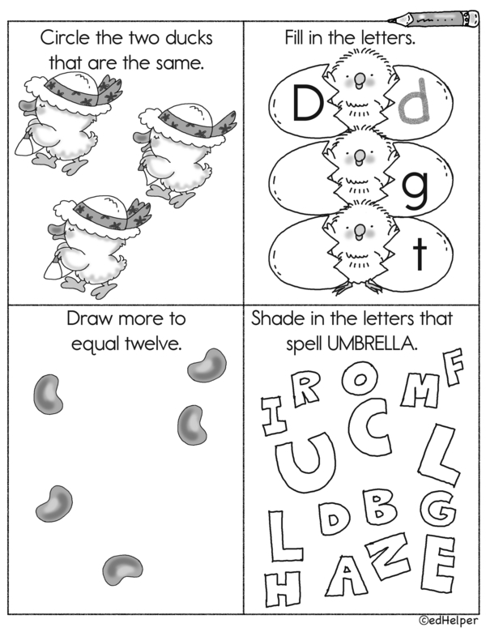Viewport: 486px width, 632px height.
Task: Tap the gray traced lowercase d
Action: [413, 101]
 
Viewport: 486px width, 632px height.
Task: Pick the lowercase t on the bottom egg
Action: [420, 254]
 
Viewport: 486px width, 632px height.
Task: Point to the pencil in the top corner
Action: [433, 19]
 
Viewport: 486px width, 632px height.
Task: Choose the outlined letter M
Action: [420, 391]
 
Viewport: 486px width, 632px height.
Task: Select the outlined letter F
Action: [453, 367]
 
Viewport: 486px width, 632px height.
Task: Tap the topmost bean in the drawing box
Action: [207, 365]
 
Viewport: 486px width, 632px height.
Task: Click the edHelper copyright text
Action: [448, 621]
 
